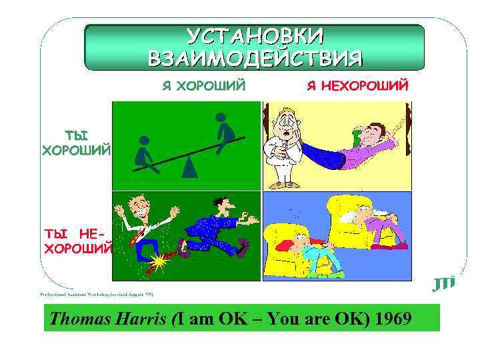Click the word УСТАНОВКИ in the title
click(255, 36)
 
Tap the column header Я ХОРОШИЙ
click(204, 86)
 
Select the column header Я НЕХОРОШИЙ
click(357, 86)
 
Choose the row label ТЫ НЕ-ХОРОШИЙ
click(77, 241)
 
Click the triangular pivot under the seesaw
click(190, 166)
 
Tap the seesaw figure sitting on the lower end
click(145, 153)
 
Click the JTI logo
click(443, 283)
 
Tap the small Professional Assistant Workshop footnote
click(97, 293)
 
